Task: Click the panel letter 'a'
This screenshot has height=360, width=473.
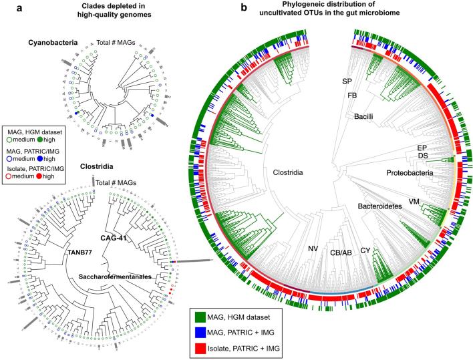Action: (5, 7)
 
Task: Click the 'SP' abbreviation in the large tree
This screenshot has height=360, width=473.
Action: (347, 81)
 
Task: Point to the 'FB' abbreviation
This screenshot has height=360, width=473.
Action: (352, 96)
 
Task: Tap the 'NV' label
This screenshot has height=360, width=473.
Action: (312, 249)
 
